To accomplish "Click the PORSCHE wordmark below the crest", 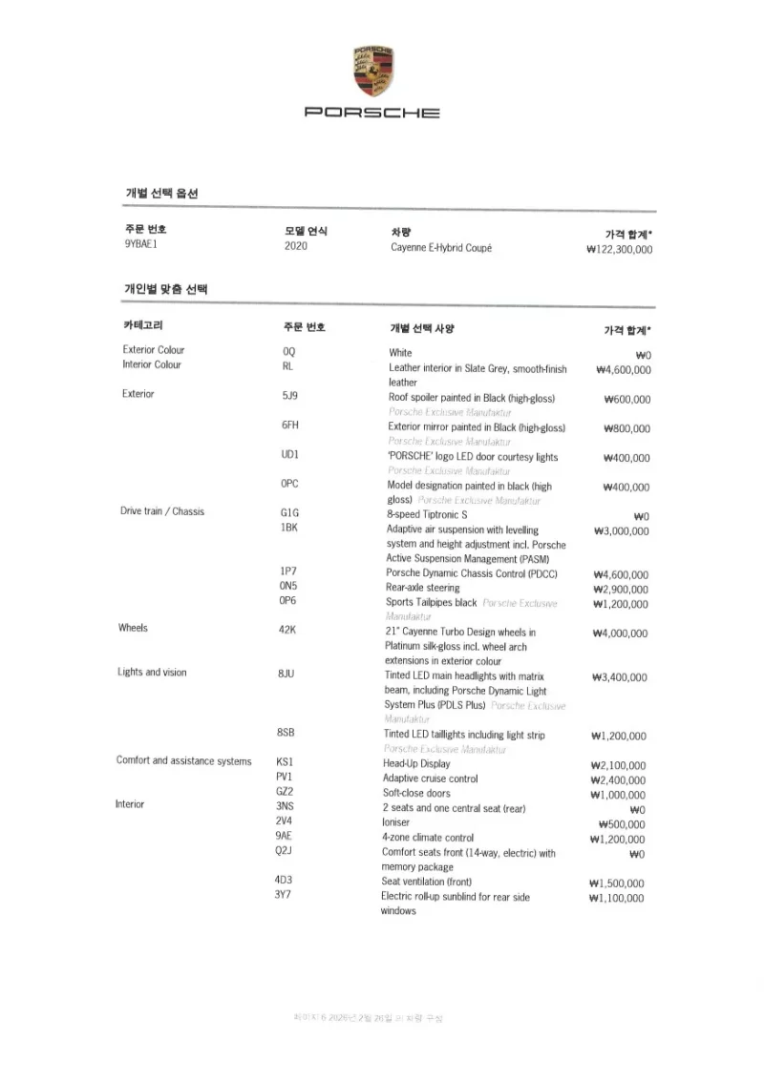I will point(372,114).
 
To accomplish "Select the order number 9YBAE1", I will point(140,246).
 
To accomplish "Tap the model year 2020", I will point(296,246).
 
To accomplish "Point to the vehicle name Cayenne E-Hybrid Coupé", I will point(441,247).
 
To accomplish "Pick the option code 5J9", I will point(290,395).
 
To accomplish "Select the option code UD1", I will point(290,454).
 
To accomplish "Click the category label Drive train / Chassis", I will point(162,511).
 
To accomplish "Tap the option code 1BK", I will point(290,528).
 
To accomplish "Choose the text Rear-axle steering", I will point(423,588).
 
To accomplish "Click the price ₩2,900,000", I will point(621,590).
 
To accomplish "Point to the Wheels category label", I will point(134,629).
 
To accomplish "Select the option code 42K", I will point(287,631).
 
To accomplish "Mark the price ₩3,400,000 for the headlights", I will point(620,677).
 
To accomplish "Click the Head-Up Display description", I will point(416,764).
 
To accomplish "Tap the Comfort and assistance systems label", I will point(184,761).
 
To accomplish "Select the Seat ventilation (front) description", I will point(427,883).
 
